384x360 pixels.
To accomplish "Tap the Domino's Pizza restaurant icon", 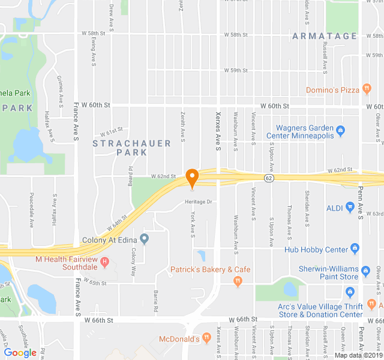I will [366, 90].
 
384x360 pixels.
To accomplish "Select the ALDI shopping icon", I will [350, 208].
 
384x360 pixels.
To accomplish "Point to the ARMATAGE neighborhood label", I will [325, 37].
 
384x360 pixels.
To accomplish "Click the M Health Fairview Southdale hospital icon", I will [105, 262].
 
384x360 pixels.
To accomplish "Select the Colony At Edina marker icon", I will [144, 239].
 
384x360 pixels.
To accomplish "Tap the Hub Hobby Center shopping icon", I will [355, 248].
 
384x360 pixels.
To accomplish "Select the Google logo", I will [20, 353].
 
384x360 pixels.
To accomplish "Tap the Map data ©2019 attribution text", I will [358, 355].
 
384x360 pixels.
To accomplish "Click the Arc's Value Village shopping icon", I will [350, 293].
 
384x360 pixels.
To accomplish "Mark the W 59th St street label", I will [236, 70].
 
